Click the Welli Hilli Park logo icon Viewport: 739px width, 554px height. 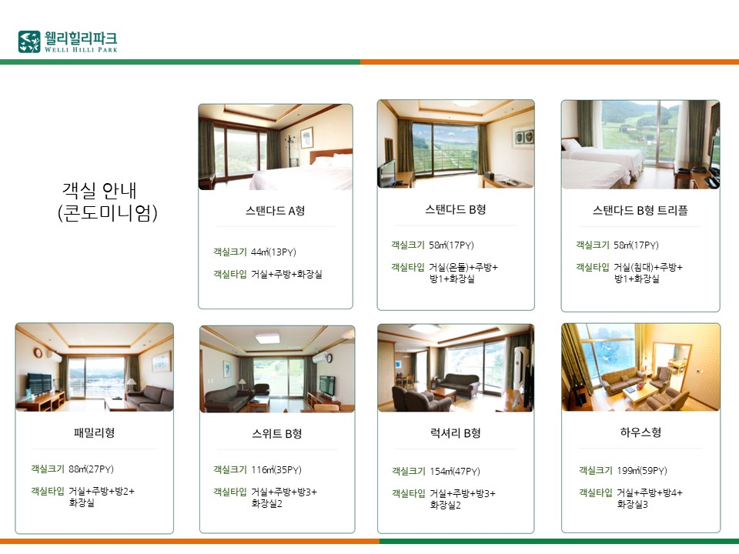coord(29,42)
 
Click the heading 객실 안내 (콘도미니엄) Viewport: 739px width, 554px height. coord(107,202)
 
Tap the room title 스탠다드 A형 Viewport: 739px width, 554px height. coord(276,211)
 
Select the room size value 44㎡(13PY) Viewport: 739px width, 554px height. coord(273,252)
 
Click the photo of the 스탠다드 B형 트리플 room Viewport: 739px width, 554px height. coord(640,144)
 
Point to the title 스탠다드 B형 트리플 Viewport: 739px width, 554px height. coord(640,210)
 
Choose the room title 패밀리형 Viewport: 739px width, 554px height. coord(94,432)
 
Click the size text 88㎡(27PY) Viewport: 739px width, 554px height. coord(91,469)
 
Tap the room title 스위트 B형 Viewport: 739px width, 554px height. coord(276,433)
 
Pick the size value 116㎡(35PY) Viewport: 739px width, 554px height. coord(276,469)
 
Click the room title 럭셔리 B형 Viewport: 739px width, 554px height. coord(455,433)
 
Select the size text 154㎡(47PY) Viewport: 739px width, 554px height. coord(455,471)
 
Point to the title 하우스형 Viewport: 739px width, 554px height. coord(641,432)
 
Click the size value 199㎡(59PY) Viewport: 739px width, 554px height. coord(642,471)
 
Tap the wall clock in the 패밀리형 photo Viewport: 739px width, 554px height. coord(38,353)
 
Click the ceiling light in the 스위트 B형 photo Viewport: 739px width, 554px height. coord(268,339)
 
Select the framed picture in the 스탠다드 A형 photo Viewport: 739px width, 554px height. coord(307,138)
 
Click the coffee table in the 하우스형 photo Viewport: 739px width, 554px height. coord(640,394)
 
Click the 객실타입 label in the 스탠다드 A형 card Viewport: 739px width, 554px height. coord(230,274)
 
